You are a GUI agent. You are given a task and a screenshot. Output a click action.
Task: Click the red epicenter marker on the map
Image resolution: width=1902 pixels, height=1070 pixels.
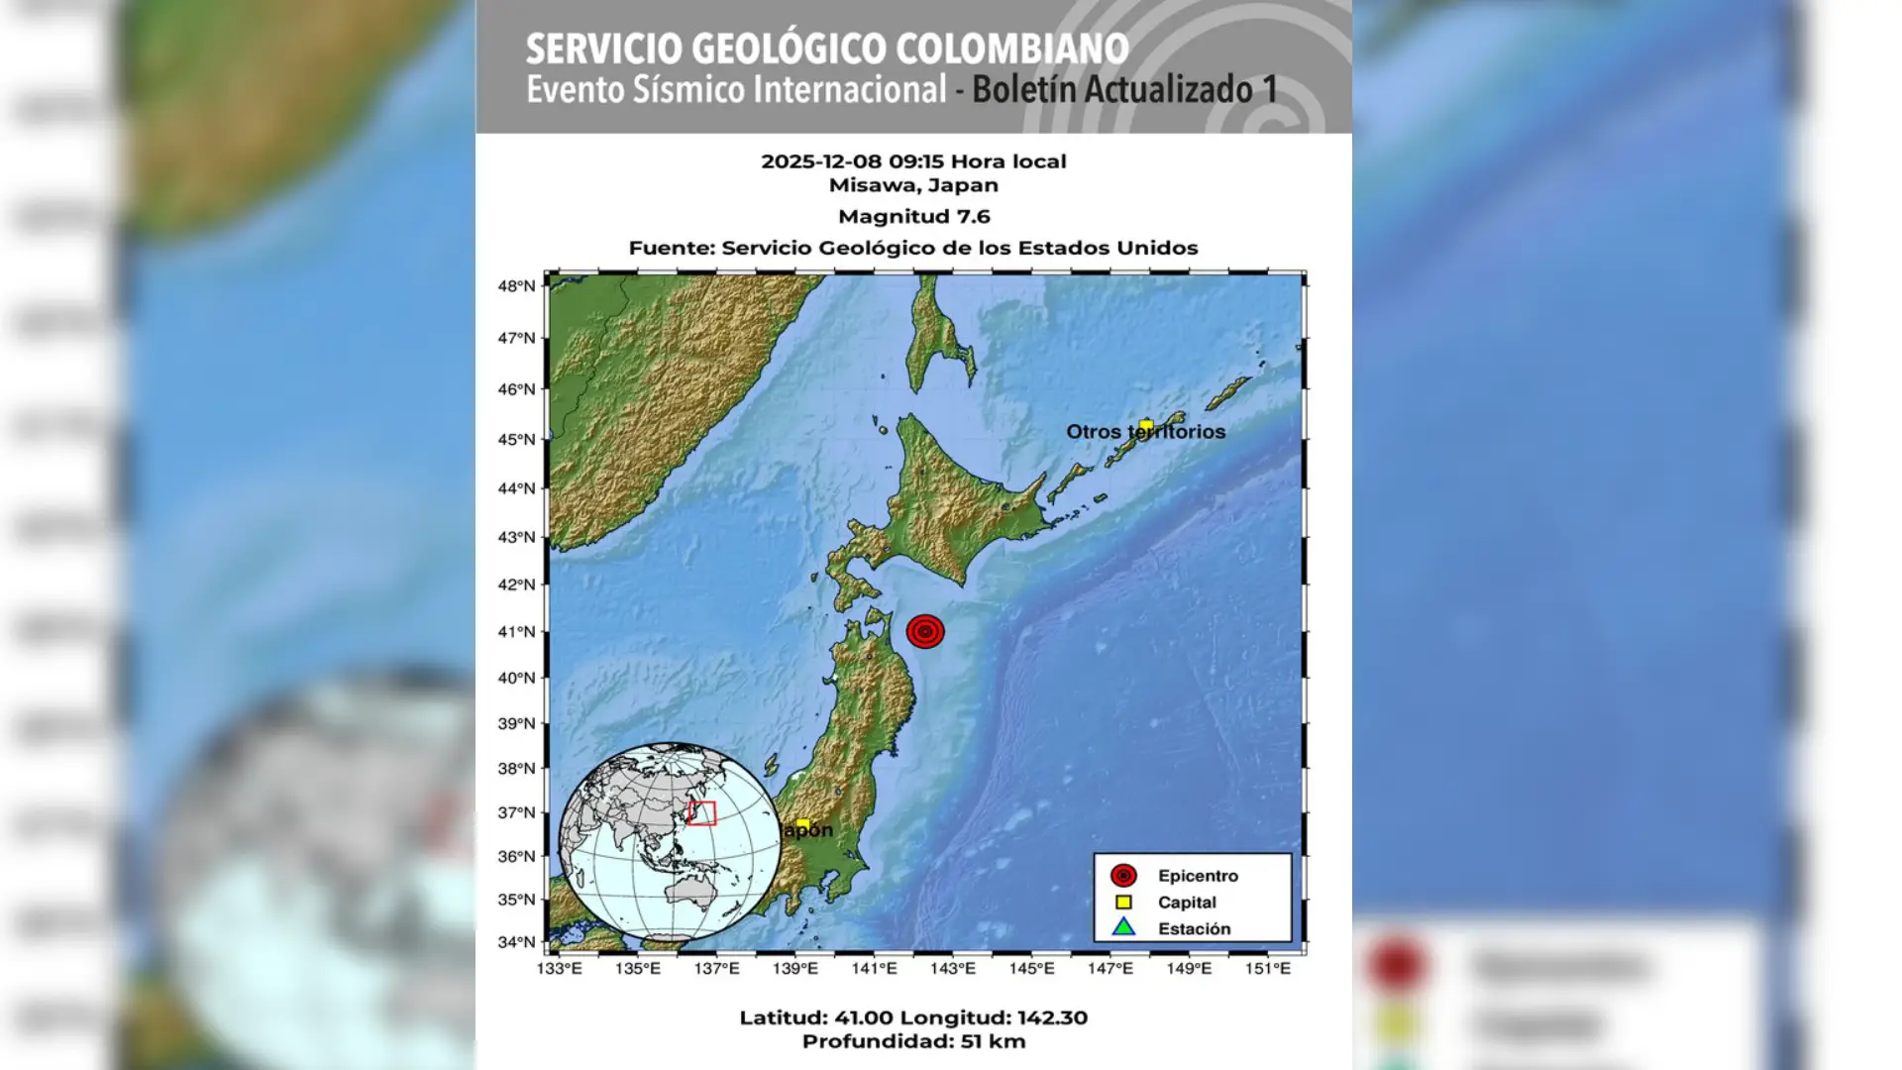pos(925,631)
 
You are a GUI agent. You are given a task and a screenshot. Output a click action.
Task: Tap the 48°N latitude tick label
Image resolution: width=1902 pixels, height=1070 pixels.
pos(516,286)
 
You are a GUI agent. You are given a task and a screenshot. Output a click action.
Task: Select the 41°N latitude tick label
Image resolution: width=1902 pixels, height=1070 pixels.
pos(516,632)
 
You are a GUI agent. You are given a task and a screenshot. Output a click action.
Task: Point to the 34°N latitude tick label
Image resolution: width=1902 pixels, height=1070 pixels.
pos(516,942)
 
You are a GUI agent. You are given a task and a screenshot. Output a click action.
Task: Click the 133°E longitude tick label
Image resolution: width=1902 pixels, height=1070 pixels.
pos(559,969)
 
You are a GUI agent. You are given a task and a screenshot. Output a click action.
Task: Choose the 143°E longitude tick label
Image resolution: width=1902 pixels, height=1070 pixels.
pos(952,969)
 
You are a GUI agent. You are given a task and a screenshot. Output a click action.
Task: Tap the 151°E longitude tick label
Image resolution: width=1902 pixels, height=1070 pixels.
pos(1267,969)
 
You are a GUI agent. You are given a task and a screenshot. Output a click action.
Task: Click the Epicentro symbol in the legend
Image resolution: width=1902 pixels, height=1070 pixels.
pos(1123,876)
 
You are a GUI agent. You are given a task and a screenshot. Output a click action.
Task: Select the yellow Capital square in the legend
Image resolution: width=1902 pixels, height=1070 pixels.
pos(1123,903)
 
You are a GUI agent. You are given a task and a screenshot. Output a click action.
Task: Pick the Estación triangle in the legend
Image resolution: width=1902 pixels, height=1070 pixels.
pos(1123,928)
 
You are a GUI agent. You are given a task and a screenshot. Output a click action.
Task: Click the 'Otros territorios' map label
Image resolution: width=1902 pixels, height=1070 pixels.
pos(1145,432)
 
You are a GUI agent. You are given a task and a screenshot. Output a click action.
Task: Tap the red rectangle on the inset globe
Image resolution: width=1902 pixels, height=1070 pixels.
pos(702,813)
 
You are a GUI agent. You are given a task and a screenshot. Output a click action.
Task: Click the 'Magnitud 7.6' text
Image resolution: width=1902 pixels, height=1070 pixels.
pos(913,217)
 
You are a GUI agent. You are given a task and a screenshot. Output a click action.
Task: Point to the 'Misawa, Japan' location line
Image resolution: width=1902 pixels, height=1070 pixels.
pos(913,185)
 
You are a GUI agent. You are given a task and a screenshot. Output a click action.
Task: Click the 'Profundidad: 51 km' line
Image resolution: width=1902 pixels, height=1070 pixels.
pos(913,1041)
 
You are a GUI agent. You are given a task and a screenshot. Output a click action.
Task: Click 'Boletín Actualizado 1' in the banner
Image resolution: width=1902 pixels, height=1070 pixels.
pos(1124,90)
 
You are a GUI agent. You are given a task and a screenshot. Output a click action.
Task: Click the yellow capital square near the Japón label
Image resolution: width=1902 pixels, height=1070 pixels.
pos(802,824)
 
